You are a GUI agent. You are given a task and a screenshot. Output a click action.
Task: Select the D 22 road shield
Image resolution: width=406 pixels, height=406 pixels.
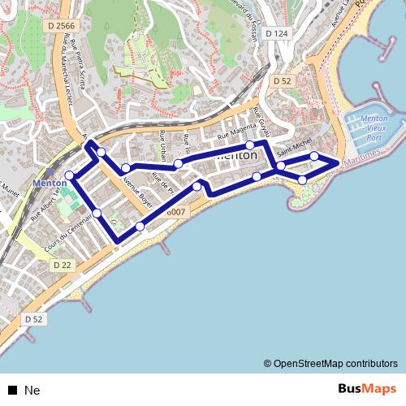[63, 266]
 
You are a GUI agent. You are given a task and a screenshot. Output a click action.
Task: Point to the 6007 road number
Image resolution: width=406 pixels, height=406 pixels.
[176, 212]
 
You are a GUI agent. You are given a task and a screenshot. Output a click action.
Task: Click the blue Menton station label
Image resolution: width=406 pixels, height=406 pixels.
[49, 184]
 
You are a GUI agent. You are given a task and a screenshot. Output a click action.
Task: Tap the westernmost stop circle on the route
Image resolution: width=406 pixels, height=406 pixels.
[70, 175]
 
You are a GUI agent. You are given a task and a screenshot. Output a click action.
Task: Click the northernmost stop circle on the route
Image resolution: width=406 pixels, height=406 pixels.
[250, 145]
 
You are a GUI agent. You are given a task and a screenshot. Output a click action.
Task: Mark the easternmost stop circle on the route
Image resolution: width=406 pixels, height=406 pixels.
[314, 155]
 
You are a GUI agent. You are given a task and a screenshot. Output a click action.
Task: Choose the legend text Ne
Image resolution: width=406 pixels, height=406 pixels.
[32, 390]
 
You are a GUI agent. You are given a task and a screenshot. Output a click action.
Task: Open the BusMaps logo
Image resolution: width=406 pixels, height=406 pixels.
[367, 389]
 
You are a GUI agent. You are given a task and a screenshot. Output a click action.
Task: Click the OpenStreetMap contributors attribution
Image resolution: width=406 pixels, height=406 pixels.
[330, 363]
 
